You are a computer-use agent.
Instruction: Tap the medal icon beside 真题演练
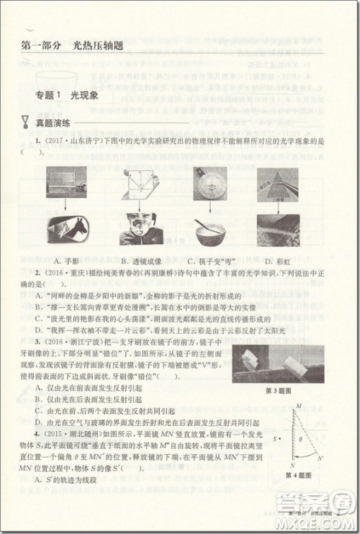[x=26, y=123]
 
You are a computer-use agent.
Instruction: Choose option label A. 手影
[x=66, y=260]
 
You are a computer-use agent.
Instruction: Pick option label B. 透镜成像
[x=135, y=260]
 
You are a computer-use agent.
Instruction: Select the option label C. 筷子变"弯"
[x=209, y=260]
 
